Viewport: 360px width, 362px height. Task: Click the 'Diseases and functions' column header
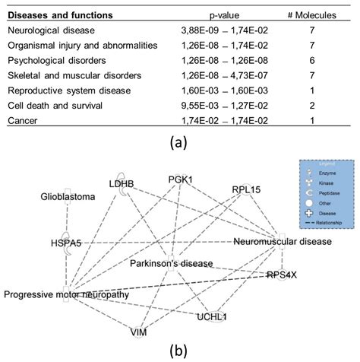tap(59, 15)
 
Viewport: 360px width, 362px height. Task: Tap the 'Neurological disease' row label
tap(50, 30)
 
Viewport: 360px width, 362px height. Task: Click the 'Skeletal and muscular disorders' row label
tap(74, 76)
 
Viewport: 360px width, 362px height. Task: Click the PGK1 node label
tap(182, 179)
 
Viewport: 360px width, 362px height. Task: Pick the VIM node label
tap(137, 332)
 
